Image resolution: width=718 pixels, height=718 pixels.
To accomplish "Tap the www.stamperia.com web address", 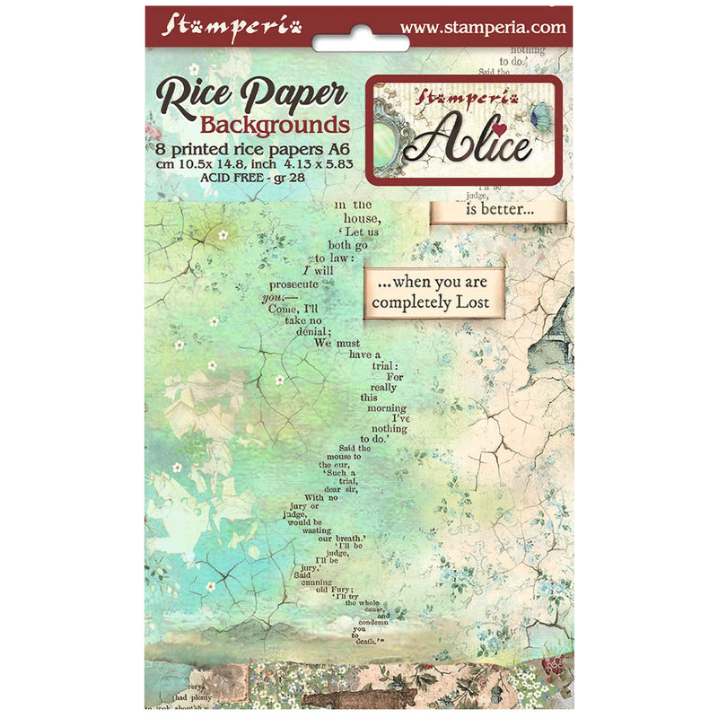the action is (x=483, y=27).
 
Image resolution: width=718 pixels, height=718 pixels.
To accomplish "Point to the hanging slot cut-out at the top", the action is (x=359, y=40).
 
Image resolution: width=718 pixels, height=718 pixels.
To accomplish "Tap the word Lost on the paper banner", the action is (x=471, y=302).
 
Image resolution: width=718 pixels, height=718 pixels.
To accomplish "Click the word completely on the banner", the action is (x=412, y=302).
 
